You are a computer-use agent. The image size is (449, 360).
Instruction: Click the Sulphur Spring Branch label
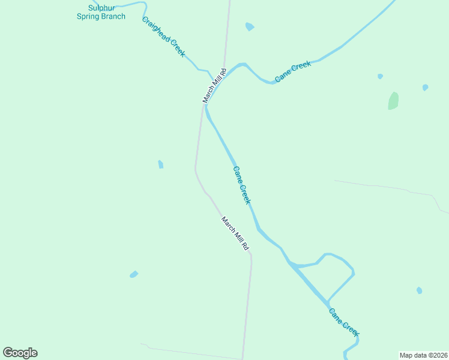point(101,12)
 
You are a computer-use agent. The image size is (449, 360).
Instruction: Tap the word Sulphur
point(101,8)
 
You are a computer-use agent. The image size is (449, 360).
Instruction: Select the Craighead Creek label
point(163,36)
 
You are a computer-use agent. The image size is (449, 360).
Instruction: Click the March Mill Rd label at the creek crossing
point(214,86)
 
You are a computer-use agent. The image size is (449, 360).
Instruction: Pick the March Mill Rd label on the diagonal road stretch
point(235,233)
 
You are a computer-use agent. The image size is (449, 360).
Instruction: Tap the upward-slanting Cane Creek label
point(293,72)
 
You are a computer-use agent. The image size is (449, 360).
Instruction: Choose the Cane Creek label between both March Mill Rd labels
point(241,185)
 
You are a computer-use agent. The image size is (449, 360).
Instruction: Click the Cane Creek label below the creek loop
point(344,322)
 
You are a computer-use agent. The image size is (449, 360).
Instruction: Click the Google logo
point(20,353)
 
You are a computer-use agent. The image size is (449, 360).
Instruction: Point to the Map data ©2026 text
point(423,355)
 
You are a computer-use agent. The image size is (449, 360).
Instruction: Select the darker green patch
point(393,101)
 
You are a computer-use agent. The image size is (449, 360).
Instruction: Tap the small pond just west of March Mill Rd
point(160,164)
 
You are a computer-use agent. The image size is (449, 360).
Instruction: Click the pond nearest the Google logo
point(134,274)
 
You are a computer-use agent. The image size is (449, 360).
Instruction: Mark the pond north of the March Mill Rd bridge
point(250,26)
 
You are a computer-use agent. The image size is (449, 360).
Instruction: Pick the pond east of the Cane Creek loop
point(419,290)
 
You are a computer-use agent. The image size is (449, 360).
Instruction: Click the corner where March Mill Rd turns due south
point(250,254)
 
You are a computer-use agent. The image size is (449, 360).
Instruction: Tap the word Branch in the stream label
point(112,16)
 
